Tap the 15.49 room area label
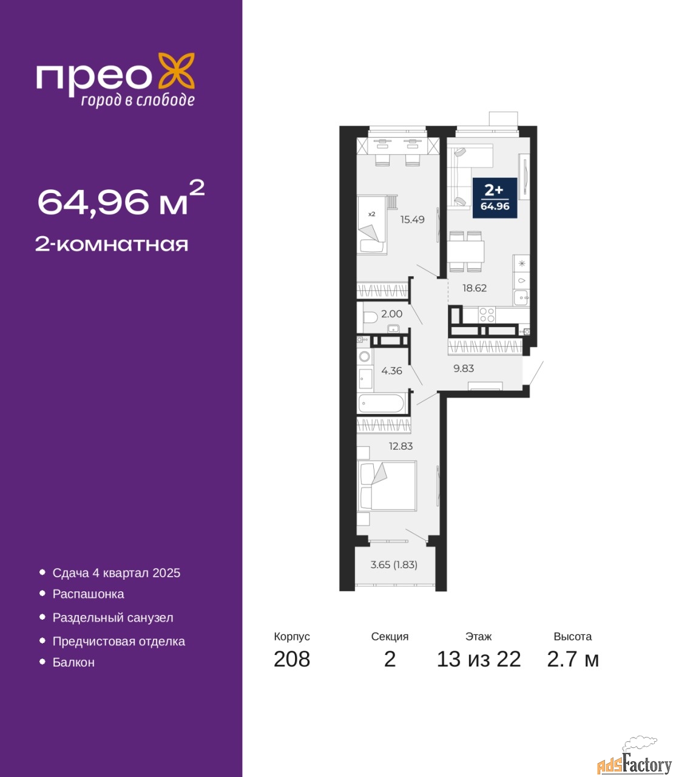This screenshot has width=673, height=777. click(x=412, y=220)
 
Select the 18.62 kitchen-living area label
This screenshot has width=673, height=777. click(x=474, y=288)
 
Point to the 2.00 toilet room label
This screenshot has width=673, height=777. click(x=391, y=313)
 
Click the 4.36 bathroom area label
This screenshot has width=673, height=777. click(x=391, y=371)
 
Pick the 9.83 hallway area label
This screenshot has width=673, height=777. click(x=463, y=368)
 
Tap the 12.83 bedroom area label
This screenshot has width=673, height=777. click(x=401, y=446)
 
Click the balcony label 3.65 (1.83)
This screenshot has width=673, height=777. click(x=394, y=565)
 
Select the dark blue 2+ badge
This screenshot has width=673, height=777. click(x=495, y=198)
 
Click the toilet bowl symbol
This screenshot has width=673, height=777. click(x=370, y=317)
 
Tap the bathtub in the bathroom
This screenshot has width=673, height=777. click(x=381, y=403)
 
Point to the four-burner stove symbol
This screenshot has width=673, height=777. click(x=487, y=315)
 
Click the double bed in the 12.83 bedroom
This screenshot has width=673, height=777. click(x=387, y=486)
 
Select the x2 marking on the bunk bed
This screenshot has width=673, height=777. click(x=371, y=214)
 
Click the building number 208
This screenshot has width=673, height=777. click(x=292, y=659)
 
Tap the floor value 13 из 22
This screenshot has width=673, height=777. click(x=478, y=659)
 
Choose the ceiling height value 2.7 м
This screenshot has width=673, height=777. click(x=573, y=659)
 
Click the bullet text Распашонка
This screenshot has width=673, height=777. click(x=89, y=594)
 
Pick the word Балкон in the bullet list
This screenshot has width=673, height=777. click(x=73, y=662)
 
